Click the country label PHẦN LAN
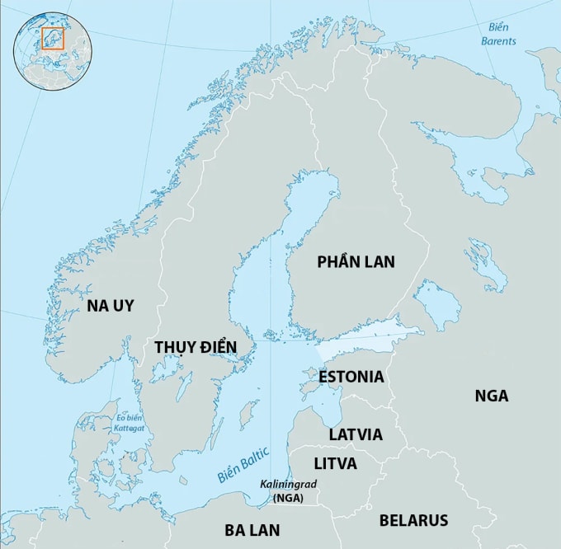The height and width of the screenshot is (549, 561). coord(356,262)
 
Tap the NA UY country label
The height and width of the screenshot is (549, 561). coord(110,306)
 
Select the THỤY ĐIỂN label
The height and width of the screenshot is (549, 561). coord(196,347)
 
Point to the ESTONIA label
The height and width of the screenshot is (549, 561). coord(351,377)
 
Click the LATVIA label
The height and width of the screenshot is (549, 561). coord(356,434)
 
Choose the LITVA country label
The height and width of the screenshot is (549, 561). coord(335,463)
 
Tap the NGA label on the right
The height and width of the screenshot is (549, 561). coord(491,396)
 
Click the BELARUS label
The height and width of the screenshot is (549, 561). coord(413,520)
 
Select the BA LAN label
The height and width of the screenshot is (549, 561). coord(252,529)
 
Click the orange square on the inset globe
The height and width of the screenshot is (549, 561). coord(52,39)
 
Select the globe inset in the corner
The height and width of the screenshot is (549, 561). coord(53,51)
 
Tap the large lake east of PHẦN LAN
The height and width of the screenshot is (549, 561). coord(436,303)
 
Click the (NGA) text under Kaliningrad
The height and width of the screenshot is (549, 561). coord(289,498)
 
